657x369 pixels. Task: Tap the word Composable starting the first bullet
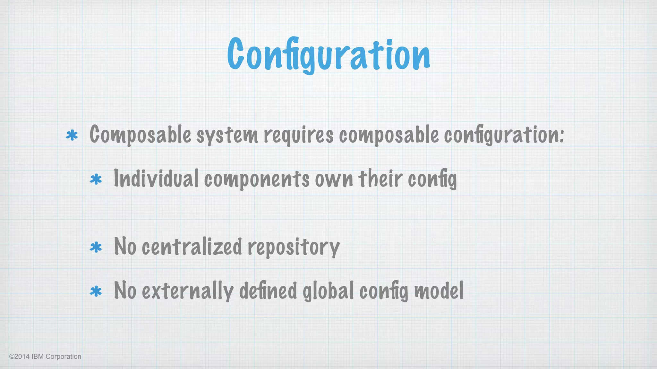pos(140,135)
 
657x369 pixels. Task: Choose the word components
pos(257,179)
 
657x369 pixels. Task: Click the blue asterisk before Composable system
pos(72,135)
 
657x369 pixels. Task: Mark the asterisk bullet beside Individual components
pos(96,179)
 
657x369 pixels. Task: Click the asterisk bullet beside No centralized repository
pos(96,247)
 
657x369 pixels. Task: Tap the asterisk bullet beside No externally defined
pos(96,291)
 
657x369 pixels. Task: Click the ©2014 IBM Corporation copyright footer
pos(45,357)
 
